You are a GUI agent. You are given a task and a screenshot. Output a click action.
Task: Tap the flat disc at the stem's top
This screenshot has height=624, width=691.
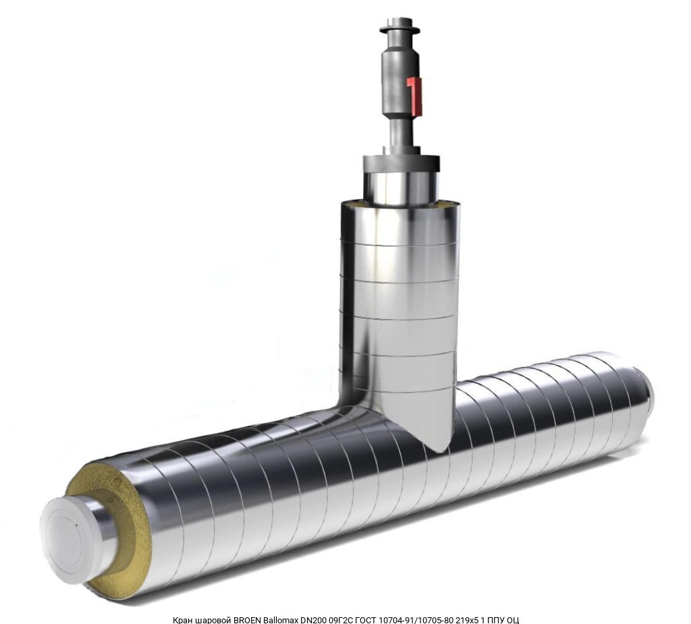(399, 30)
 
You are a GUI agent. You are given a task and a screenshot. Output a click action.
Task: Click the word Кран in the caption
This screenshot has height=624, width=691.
(183, 620)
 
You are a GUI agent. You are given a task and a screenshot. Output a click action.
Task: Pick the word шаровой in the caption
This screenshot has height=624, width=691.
(213, 620)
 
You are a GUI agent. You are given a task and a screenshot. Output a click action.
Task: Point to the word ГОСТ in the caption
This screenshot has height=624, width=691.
(364, 620)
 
